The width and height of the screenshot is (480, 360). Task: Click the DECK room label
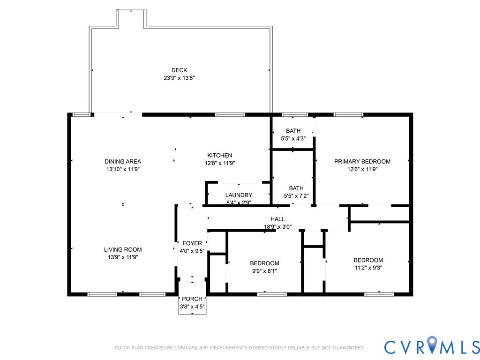[x=179, y=70]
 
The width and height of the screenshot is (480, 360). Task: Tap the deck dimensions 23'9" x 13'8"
[x=179, y=78]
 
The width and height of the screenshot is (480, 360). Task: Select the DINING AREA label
[x=123, y=161]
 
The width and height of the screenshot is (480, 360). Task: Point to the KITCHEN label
[x=219, y=155]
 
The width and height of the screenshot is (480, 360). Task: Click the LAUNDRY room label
[x=239, y=195]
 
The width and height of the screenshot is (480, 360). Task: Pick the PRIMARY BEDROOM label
[x=362, y=161]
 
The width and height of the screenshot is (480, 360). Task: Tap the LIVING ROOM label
[x=123, y=249]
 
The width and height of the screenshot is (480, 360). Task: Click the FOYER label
[x=192, y=243]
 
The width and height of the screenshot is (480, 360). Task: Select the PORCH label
[x=192, y=299]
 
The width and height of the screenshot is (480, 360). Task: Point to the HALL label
[x=277, y=219]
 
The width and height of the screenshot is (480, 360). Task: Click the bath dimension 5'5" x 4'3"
[x=293, y=138]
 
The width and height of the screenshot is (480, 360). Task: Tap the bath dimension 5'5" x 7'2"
[x=296, y=196]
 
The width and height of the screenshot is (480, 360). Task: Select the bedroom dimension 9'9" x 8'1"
[x=264, y=271]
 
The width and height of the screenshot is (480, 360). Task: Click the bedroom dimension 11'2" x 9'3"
[x=368, y=268]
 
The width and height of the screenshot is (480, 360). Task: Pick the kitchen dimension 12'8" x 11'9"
[x=220, y=163]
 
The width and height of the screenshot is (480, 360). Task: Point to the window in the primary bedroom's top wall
[x=348, y=115]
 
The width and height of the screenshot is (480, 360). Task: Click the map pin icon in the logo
[x=432, y=344]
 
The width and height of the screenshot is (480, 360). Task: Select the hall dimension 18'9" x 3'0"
[x=277, y=227]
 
